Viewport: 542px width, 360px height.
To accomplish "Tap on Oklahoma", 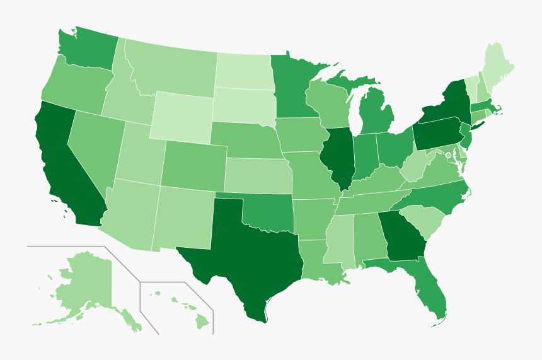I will click(268, 214).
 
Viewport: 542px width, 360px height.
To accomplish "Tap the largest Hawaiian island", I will click(202, 322).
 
